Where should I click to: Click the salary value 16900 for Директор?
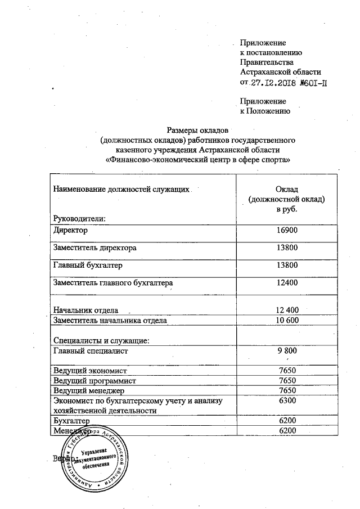(287, 231)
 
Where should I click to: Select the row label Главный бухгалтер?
(88, 264)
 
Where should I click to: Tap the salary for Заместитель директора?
(287, 247)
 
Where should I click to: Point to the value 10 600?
(287, 320)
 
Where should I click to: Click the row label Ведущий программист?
(94, 380)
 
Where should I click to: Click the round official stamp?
(95, 457)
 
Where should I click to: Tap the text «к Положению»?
(264, 111)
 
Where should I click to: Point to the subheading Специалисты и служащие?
(101, 340)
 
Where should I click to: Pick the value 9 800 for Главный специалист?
(287, 351)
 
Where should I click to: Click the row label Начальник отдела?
(85, 310)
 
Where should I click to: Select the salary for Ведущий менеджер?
(287, 390)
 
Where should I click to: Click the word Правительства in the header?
(266, 62)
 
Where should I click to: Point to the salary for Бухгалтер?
(287, 420)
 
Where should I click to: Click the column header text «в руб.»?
(287, 209)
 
